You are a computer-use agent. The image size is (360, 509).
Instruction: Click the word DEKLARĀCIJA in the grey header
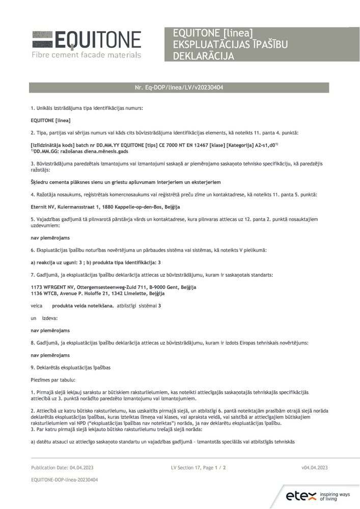tap(204, 56)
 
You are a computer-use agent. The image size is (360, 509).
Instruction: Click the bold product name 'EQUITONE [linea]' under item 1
tap(50, 120)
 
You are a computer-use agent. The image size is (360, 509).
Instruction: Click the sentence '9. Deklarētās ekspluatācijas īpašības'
tap(71, 367)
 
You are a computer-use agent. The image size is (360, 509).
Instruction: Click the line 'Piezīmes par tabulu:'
tap(53, 379)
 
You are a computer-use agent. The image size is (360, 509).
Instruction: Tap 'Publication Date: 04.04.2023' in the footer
tap(62, 467)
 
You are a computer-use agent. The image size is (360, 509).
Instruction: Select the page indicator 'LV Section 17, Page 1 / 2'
tap(199, 467)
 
